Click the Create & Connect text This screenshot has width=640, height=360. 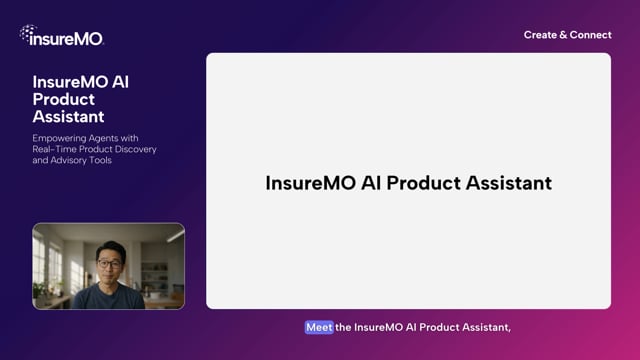[x=567, y=35]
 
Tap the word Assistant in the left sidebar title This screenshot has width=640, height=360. [x=68, y=116]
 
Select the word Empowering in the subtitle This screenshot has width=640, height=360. [x=62, y=137]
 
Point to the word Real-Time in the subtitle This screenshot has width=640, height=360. [x=57, y=149]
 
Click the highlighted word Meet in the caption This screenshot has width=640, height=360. [x=319, y=327]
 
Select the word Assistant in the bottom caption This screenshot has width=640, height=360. [x=485, y=327]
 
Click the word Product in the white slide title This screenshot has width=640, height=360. [x=420, y=183]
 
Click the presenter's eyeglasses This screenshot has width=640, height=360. [x=107, y=264]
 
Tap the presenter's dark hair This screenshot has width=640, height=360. [x=107, y=250]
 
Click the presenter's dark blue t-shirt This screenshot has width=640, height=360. [x=108, y=297]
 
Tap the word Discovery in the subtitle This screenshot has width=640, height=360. [x=134, y=149]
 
